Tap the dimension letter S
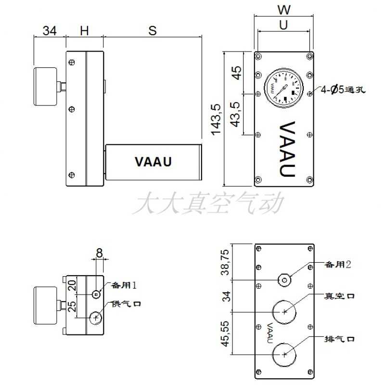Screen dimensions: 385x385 pos(153,30)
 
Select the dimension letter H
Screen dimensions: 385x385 pos(84,30)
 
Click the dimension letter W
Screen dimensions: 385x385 pos(284,9)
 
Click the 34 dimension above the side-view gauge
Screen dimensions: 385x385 pos(50,30)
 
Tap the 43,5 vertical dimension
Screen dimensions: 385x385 pos(236,114)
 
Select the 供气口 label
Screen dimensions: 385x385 pos(126,304)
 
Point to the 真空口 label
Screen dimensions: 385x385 pos(340,296)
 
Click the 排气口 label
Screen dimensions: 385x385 pos(340,339)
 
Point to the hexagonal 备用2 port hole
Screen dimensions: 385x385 pos(285,280)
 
